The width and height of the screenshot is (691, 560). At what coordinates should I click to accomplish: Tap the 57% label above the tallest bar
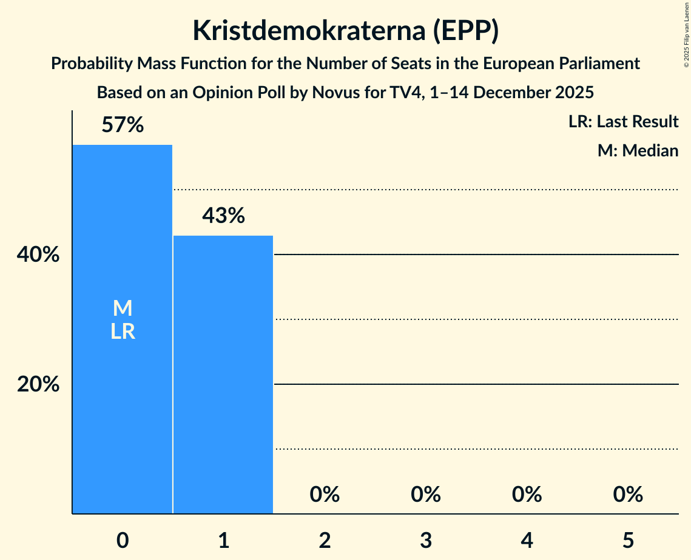point(122,125)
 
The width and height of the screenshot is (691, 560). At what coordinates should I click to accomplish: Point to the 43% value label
point(223,216)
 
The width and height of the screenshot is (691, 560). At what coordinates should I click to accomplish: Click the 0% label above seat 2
point(325,495)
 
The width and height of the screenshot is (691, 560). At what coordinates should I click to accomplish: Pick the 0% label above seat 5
point(628,495)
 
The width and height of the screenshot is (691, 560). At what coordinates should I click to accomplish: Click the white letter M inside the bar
point(123,308)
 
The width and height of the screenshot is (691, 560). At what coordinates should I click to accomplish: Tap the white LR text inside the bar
point(123,332)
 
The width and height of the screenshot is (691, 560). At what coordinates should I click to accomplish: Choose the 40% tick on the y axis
point(38,255)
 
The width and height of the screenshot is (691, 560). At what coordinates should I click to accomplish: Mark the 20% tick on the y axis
point(38,384)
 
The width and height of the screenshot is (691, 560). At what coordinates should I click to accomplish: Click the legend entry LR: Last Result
point(623,122)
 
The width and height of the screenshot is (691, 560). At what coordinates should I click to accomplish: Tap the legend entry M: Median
point(638,150)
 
